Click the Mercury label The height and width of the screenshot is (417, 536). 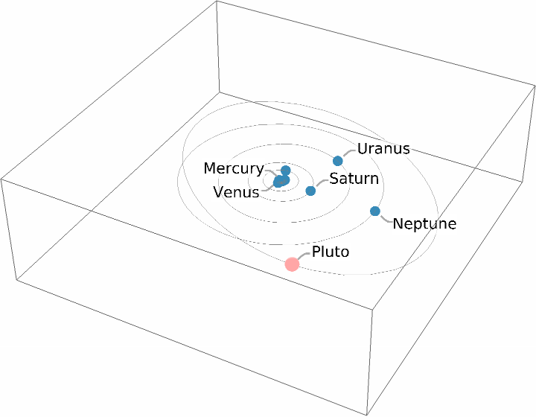click(233, 169)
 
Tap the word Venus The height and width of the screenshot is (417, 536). click(236, 192)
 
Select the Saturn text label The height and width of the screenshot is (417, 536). click(354, 179)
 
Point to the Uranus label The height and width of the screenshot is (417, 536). click(383, 148)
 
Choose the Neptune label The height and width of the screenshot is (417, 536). click(424, 223)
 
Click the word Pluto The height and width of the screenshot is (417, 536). click(331, 252)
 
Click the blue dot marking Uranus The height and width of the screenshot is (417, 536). click(338, 161)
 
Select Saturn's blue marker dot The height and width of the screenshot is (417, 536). click(310, 191)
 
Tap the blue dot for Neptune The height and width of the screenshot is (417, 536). click(375, 211)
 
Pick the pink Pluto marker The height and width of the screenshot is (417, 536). click(292, 264)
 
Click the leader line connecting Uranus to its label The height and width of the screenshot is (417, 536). click(348, 152)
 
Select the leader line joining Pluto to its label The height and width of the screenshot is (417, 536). click(303, 255)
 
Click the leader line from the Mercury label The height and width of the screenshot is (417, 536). click(269, 172)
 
